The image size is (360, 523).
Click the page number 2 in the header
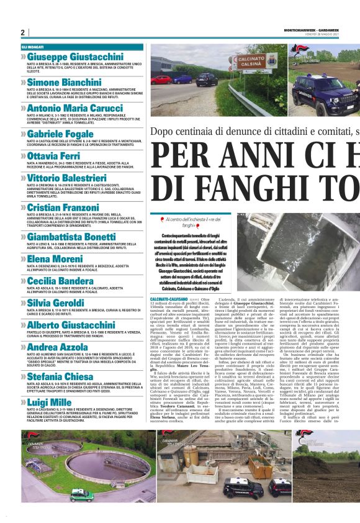point(22,32)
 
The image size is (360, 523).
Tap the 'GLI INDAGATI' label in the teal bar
point(32,47)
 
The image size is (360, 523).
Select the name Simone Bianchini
point(64,81)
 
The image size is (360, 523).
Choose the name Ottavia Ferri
point(54,155)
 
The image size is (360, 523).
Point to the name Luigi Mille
point(49,402)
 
